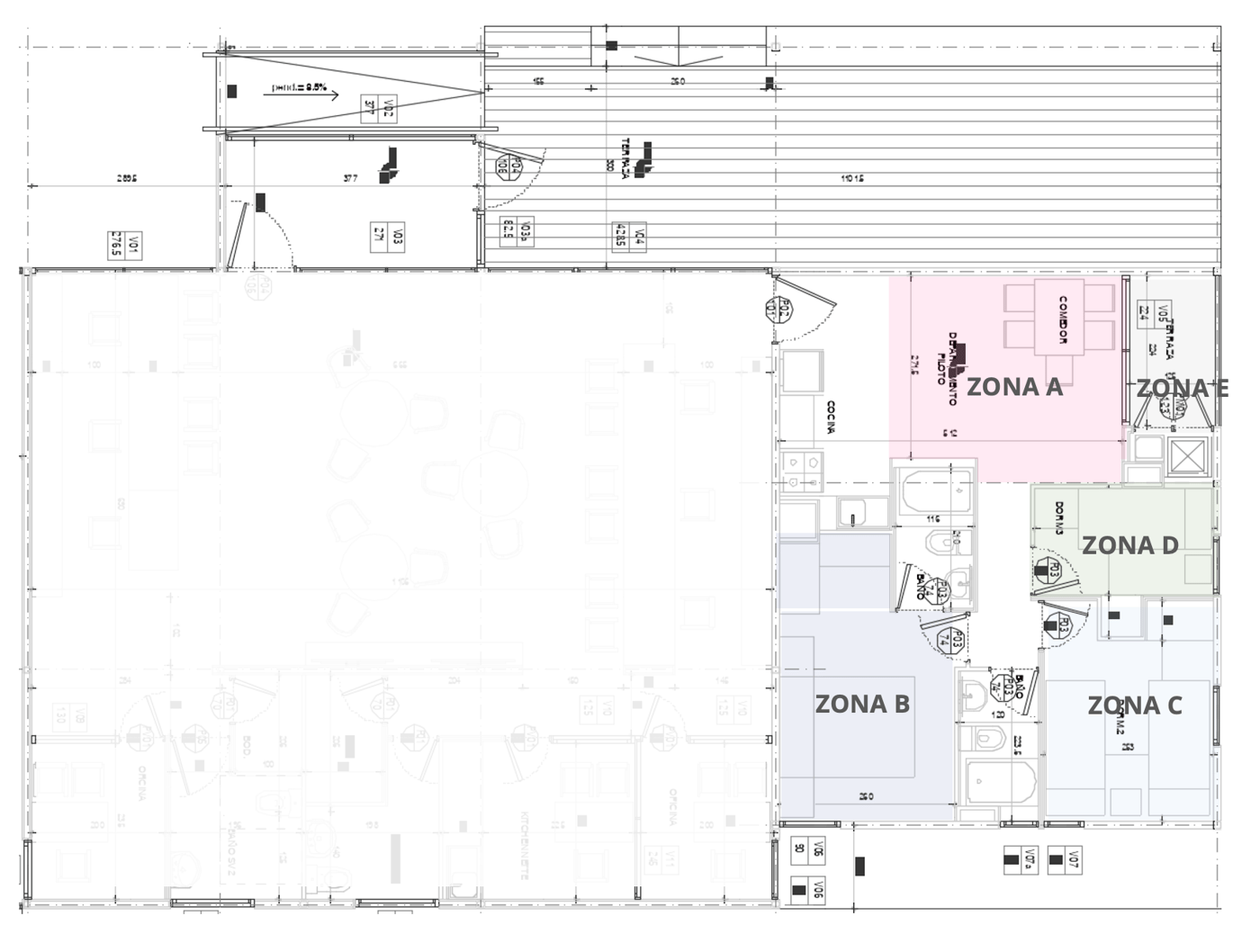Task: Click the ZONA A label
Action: click(1014, 387)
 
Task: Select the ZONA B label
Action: click(862, 704)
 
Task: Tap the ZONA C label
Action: click(1134, 705)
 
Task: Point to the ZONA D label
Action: click(1129, 545)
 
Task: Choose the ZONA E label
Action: click(1181, 388)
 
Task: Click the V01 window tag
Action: click(125, 244)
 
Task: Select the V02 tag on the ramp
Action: click(379, 108)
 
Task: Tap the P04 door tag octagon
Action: click(510, 166)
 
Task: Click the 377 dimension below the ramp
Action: click(351, 178)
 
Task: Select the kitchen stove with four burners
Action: click(801, 471)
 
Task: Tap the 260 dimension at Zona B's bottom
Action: click(866, 796)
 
